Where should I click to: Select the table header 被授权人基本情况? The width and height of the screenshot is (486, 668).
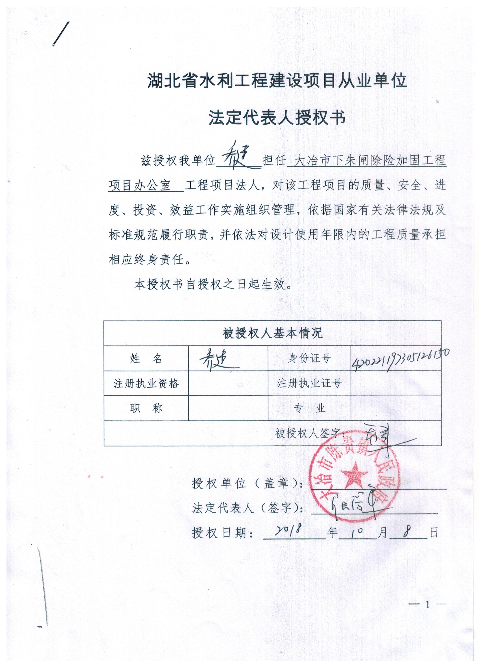(x=272, y=333)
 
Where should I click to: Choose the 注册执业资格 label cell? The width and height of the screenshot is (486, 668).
(x=146, y=383)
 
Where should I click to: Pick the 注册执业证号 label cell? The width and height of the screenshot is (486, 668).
(x=309, y=383)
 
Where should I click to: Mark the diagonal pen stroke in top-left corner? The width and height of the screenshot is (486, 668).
(x=61, y=34)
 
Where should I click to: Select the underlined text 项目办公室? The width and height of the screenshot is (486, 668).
(x=140, y=186)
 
